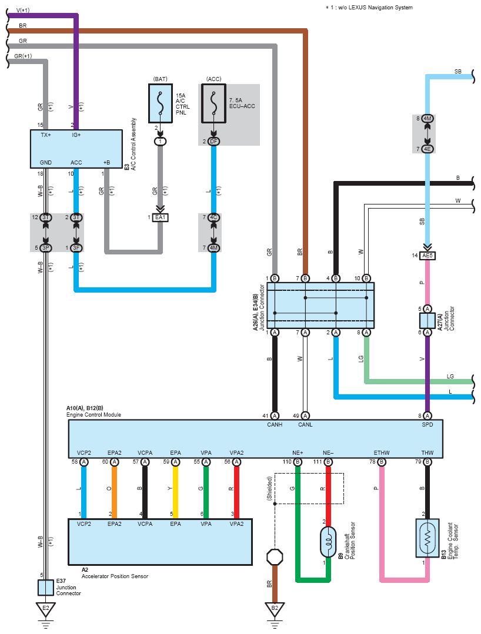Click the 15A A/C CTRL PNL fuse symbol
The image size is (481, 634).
coord(160,104)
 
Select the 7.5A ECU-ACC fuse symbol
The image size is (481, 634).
coord(213,104)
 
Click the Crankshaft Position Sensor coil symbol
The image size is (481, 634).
coord(328,541)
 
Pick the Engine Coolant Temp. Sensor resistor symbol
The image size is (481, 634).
coord(427,538)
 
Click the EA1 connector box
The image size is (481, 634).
coord(160,217)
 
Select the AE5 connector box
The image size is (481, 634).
coord(427,256)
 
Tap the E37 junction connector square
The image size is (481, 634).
coord(45,587)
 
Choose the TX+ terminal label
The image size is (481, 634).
coord(45,135)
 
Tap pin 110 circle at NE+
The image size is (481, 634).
coord(298,462)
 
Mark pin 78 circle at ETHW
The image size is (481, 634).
coord(382,462)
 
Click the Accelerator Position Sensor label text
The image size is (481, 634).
coord(115,576)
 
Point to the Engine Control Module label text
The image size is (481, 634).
coord(94,415)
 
